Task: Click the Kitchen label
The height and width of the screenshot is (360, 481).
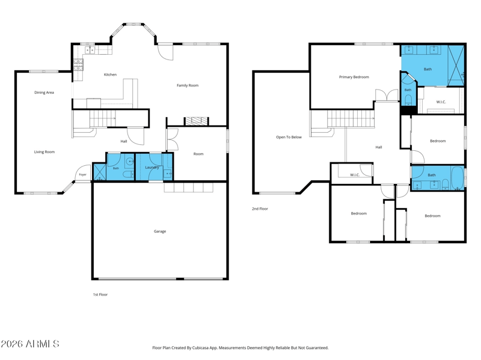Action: coord(110,75)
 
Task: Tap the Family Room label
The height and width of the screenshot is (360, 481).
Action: coord(188,85)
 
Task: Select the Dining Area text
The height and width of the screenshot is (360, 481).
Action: coord(44,93)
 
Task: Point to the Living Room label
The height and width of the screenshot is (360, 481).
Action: coord(44,152)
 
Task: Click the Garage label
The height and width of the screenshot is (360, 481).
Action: coord(160,231)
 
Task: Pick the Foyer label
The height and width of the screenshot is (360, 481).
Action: coord(83,174)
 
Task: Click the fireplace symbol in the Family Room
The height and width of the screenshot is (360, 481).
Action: coord(197,121)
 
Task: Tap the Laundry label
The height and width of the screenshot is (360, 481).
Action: coord(152,168)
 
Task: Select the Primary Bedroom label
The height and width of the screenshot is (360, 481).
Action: coord(354,77)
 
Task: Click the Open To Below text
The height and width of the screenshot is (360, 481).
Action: coord(289,137)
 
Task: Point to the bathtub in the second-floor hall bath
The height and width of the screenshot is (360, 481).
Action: coord(458,177)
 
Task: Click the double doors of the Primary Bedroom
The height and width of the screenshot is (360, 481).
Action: coord(387,95)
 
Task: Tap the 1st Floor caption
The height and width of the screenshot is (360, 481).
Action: coord(100,294)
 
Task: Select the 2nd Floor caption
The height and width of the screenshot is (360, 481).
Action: coord(260,209)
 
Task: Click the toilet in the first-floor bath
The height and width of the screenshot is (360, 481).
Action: coord(127,175)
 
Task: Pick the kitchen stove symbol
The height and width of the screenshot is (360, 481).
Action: coord(78,65)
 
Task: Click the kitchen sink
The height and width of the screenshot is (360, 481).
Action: coord(90,50)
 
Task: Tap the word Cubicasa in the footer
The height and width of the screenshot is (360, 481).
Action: coord(201,348)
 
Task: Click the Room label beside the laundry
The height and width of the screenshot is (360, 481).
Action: coord(198,154)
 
